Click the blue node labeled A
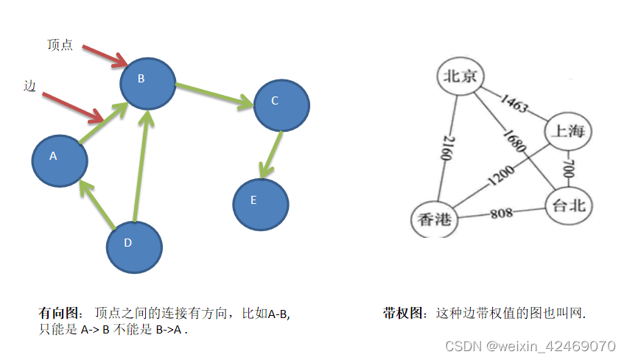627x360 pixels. (60, 158)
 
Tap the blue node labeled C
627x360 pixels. (281, 103)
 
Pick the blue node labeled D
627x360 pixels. (134, 245)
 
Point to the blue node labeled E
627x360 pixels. (261, 202)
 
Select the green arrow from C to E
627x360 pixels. (271, 155)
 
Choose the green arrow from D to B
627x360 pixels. (141, 166)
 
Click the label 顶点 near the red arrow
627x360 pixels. (60, 45)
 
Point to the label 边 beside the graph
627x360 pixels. (29, 87)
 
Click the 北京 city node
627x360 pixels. (461, 77)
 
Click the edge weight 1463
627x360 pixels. (514, 103)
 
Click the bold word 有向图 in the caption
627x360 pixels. (59, 313)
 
